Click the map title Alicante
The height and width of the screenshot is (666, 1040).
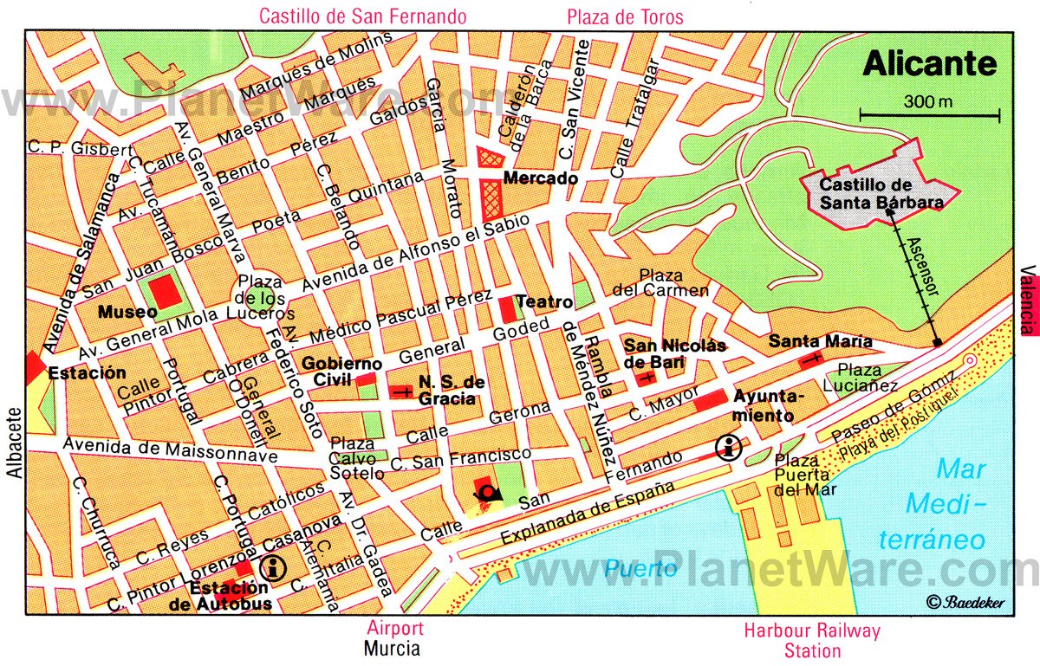[930, 64]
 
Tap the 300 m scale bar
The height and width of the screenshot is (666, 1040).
[929, 113]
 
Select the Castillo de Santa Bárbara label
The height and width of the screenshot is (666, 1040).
[881, 193]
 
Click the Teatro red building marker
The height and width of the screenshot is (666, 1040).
[508, 308]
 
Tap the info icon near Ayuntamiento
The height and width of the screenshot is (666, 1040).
[729, 448]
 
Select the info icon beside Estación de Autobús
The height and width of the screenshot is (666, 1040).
[274, 568]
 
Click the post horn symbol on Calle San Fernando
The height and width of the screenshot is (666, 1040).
[490, 494]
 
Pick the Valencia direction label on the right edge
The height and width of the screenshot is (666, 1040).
[1030, 300]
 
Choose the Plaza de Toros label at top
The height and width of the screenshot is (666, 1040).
[625, 16]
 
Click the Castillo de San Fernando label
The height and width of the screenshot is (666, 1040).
[362, 16]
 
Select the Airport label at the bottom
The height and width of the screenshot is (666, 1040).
[394, 629]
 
